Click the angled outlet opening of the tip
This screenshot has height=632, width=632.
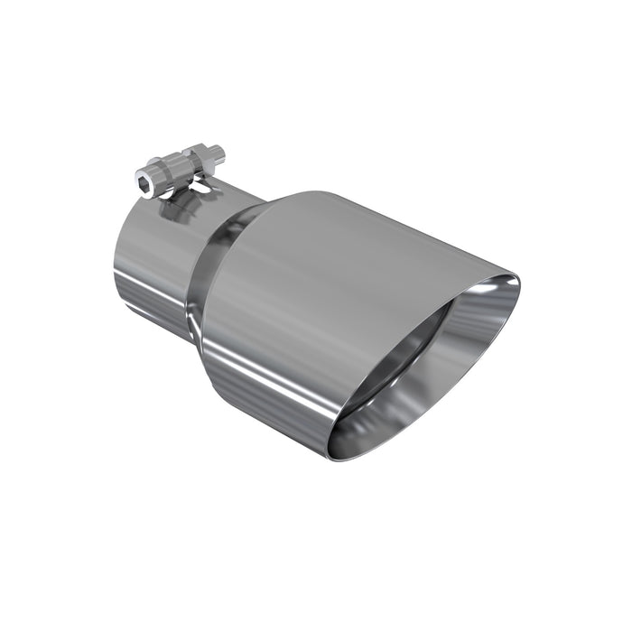point(424,361)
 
